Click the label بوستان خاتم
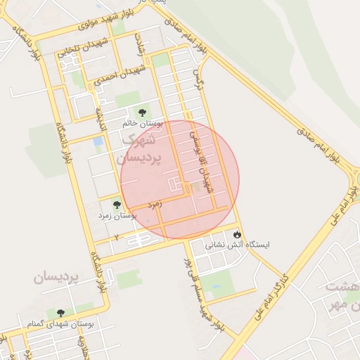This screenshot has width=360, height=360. click(143, 123)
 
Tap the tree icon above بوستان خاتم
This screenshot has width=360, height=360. click(143, 112)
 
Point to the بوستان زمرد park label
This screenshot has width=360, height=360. click(117, 216)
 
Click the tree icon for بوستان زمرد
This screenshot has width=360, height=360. click(117, 205)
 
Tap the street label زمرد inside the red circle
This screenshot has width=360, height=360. click(155, 204)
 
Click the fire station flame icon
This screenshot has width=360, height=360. click(237, 234)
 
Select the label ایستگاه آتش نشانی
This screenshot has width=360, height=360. click(237, 246)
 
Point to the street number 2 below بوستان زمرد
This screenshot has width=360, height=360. click(115, 237)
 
